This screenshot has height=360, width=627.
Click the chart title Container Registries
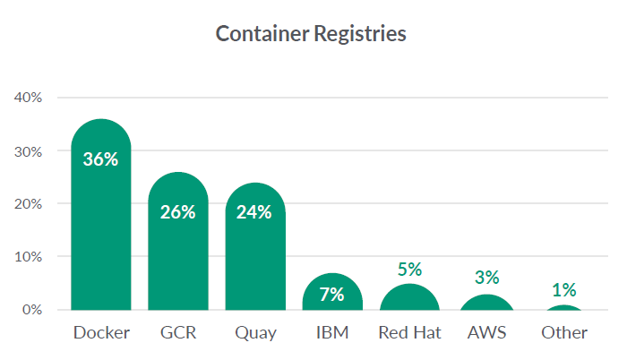coord(312,34)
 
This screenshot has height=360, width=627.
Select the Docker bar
coord(101,233)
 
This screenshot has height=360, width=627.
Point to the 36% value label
coord(101,159)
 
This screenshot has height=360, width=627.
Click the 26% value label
coord(178,212)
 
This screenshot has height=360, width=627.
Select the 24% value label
coord(255,212)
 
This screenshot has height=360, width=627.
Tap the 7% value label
coord(332,293)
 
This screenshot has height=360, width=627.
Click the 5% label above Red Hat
coord(409,269)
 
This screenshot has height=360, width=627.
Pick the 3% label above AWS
coord(487,279)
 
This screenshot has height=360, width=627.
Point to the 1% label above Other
coord(564,289)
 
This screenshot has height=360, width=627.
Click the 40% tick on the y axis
coord(30,98)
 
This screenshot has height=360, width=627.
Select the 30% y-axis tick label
coord(30,150)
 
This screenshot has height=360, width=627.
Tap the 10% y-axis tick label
coord(30,256)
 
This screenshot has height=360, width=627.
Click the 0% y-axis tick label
coord(33,310)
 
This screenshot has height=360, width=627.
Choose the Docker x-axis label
coord(101,333)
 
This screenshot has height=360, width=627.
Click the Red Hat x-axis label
coord(409,333)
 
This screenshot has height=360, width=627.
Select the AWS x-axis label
coord(487,333)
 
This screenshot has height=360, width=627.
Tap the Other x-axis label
coord(564,333)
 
